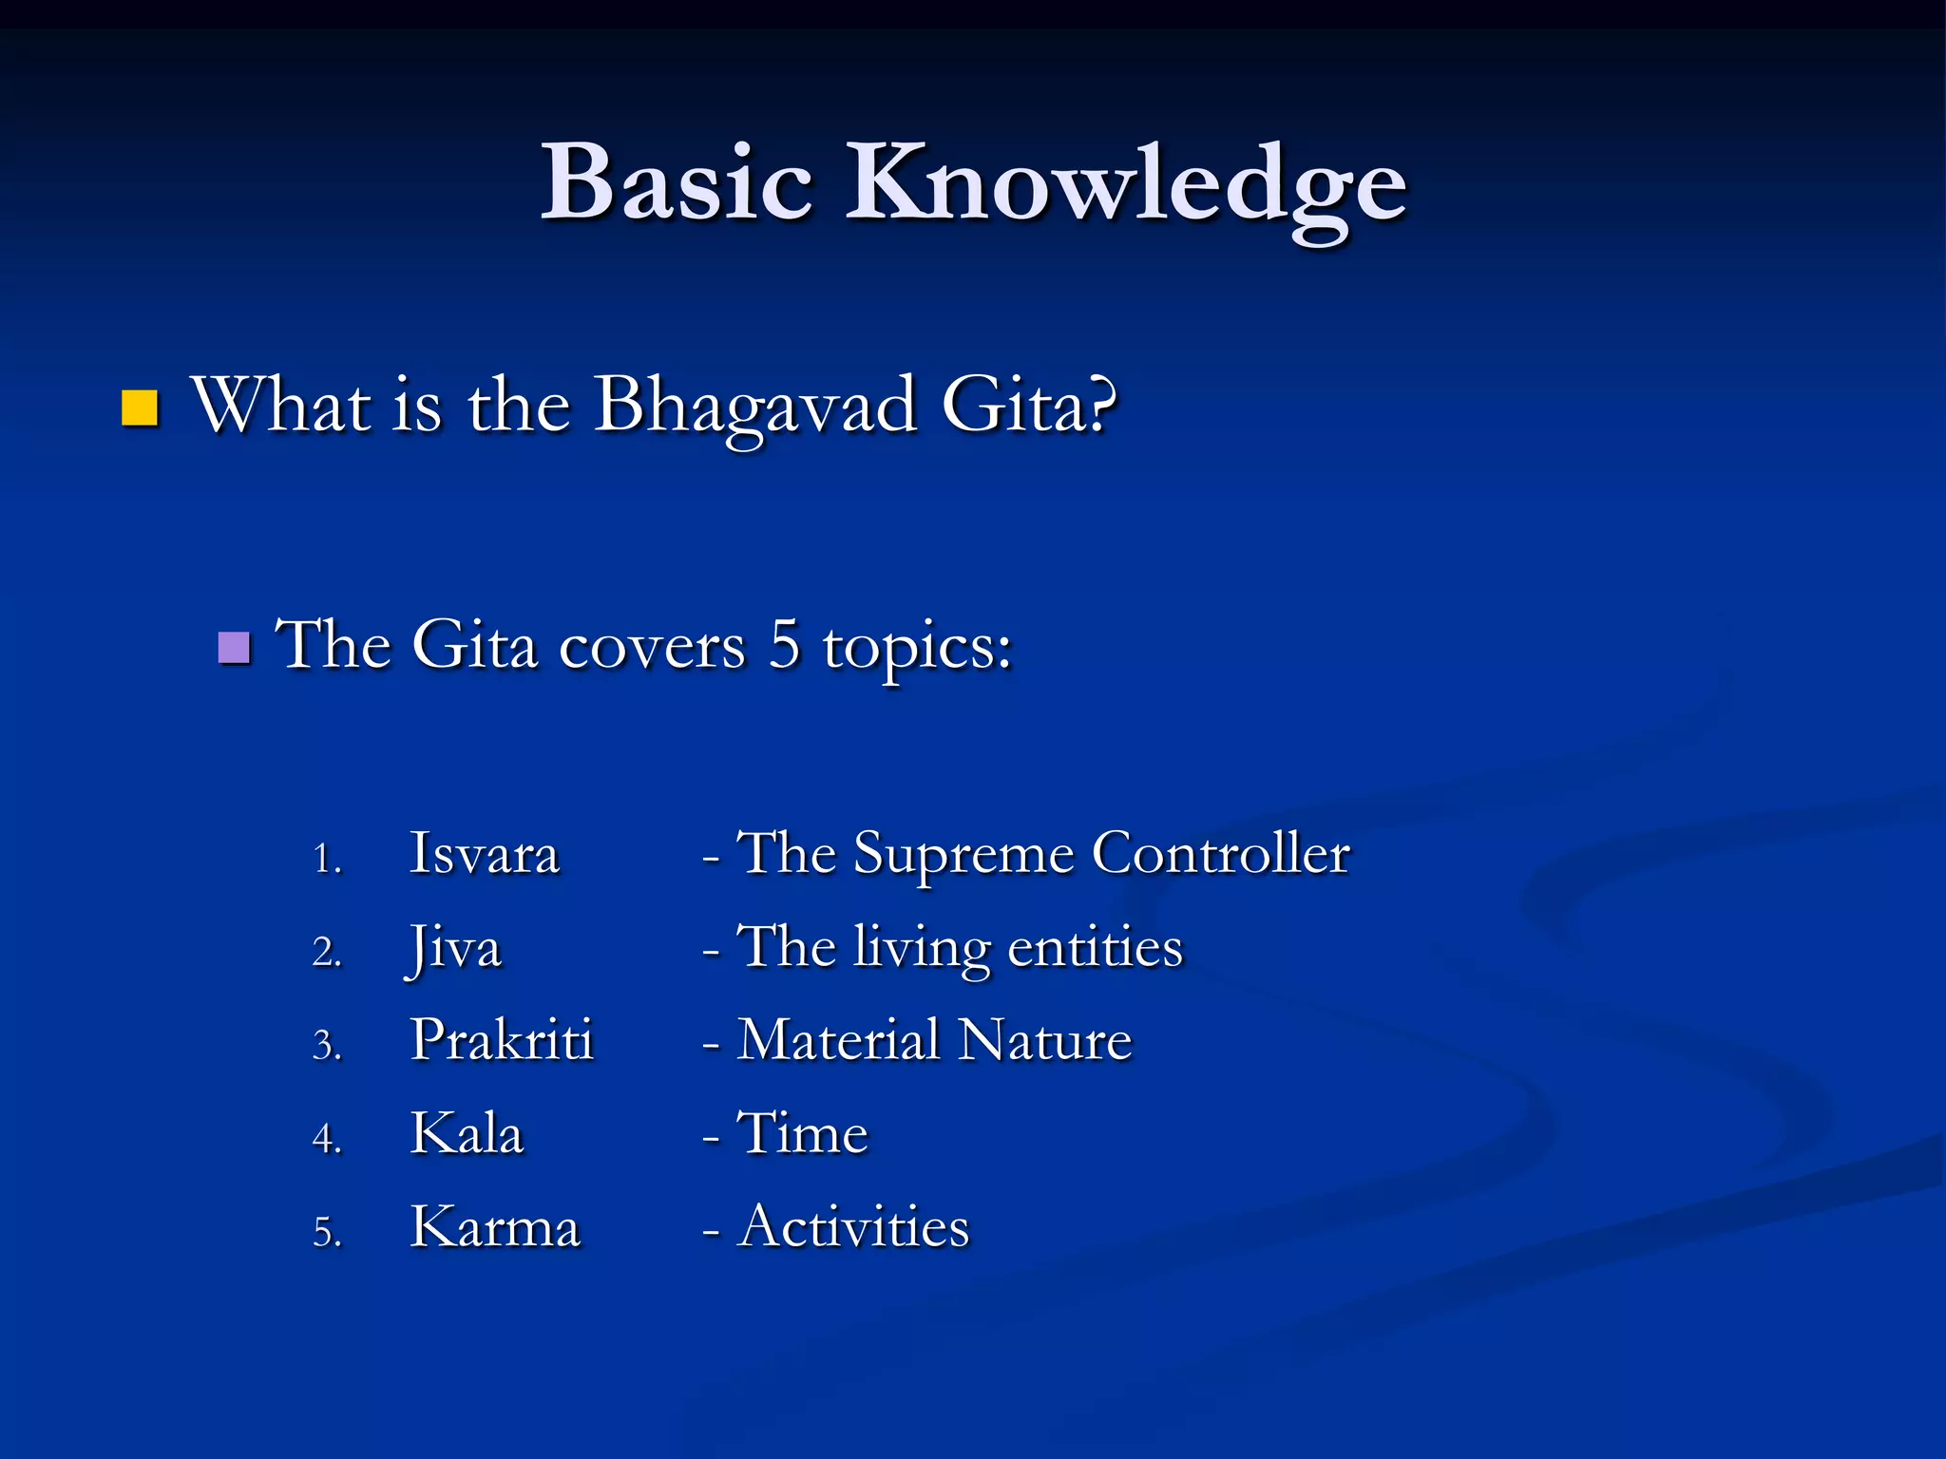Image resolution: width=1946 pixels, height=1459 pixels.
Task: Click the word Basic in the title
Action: [x=677, y=182]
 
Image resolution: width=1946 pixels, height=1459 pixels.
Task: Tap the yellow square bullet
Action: [x=140, y=408]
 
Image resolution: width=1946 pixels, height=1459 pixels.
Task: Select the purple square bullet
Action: [x=234, y=648]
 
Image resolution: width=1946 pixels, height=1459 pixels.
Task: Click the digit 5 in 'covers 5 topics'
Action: [x=784, y=645]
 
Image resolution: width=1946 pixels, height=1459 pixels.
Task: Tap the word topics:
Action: [x=917, y=650]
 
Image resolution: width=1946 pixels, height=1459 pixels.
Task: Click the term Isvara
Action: [x=484, y=853]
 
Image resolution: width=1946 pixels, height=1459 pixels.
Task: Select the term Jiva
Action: [x=454, y=948]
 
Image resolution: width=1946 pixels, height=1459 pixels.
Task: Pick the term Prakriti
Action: [x=502, y=1039]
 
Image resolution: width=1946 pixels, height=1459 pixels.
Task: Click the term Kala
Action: [x=467, y=1133]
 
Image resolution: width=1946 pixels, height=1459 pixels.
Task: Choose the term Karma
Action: [x=494, y=1226]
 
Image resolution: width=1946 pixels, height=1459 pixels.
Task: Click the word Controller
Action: [x=1220, y=853]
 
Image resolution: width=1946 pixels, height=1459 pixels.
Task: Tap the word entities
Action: [x=1095, y=947]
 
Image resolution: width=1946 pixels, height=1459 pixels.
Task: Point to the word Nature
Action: [x=1045, y=1039]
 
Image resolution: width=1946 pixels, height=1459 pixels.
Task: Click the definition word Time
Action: [x=803, y=1133]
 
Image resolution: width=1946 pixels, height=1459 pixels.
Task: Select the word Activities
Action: [x=853, y=1226]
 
